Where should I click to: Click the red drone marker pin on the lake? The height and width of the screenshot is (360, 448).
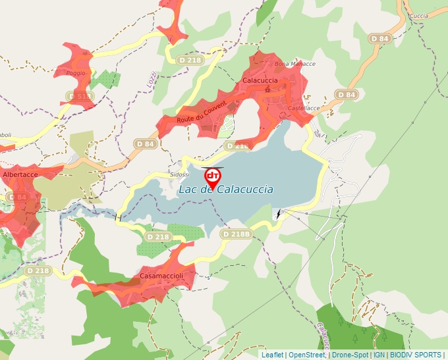click(x=213, y=176)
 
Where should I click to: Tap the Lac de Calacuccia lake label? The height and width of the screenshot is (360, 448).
click(x=226, y=190)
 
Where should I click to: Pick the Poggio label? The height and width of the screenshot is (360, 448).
click(x=76, y=73)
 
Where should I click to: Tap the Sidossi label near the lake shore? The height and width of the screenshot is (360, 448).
click(x=179, y=174)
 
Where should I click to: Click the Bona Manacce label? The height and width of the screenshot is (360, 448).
click(x=294, y=64)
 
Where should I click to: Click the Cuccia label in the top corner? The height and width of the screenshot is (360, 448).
click(x=418, y=15)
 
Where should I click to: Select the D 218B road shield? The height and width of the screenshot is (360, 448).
click(x=237, y=234)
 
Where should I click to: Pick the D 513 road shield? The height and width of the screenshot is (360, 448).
click(x=79, y=97)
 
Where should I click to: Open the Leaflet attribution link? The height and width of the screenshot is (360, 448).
click(x=272, y=355)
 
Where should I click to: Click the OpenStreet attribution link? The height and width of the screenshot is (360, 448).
click(x=307, y=355)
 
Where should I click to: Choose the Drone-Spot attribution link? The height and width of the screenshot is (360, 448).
click(x=350, y=355)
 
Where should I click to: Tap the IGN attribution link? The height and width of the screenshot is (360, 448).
click(x=379, y=355)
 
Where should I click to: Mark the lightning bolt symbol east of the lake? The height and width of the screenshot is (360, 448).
click(x=278, y=214)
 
